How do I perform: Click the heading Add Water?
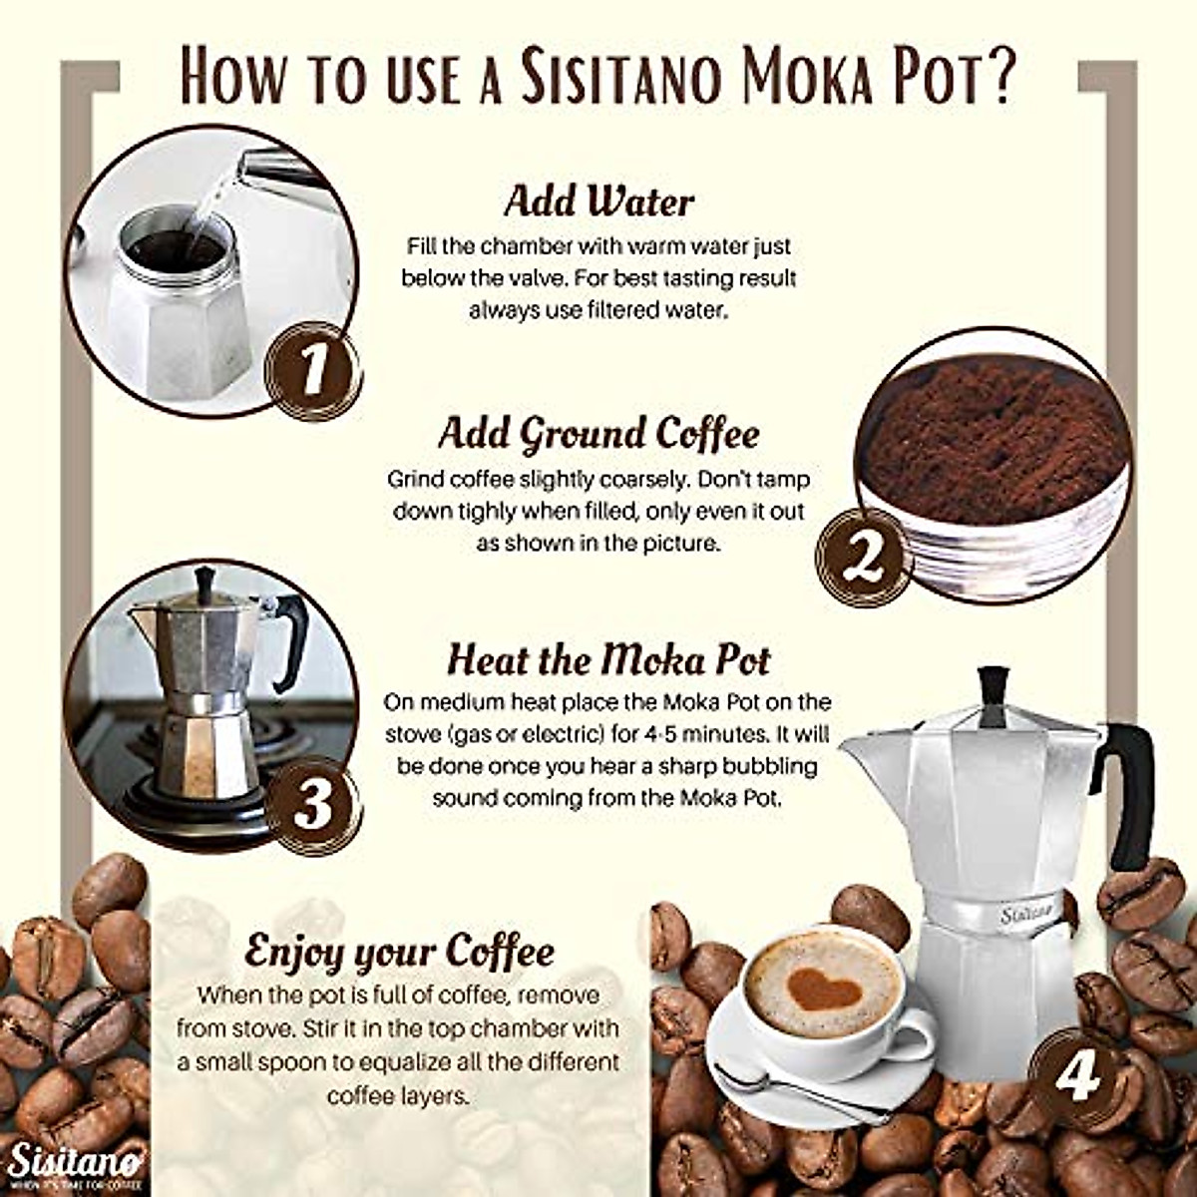[598, 201]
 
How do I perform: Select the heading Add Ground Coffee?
[598, 434]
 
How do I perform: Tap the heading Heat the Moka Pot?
[608, 660]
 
